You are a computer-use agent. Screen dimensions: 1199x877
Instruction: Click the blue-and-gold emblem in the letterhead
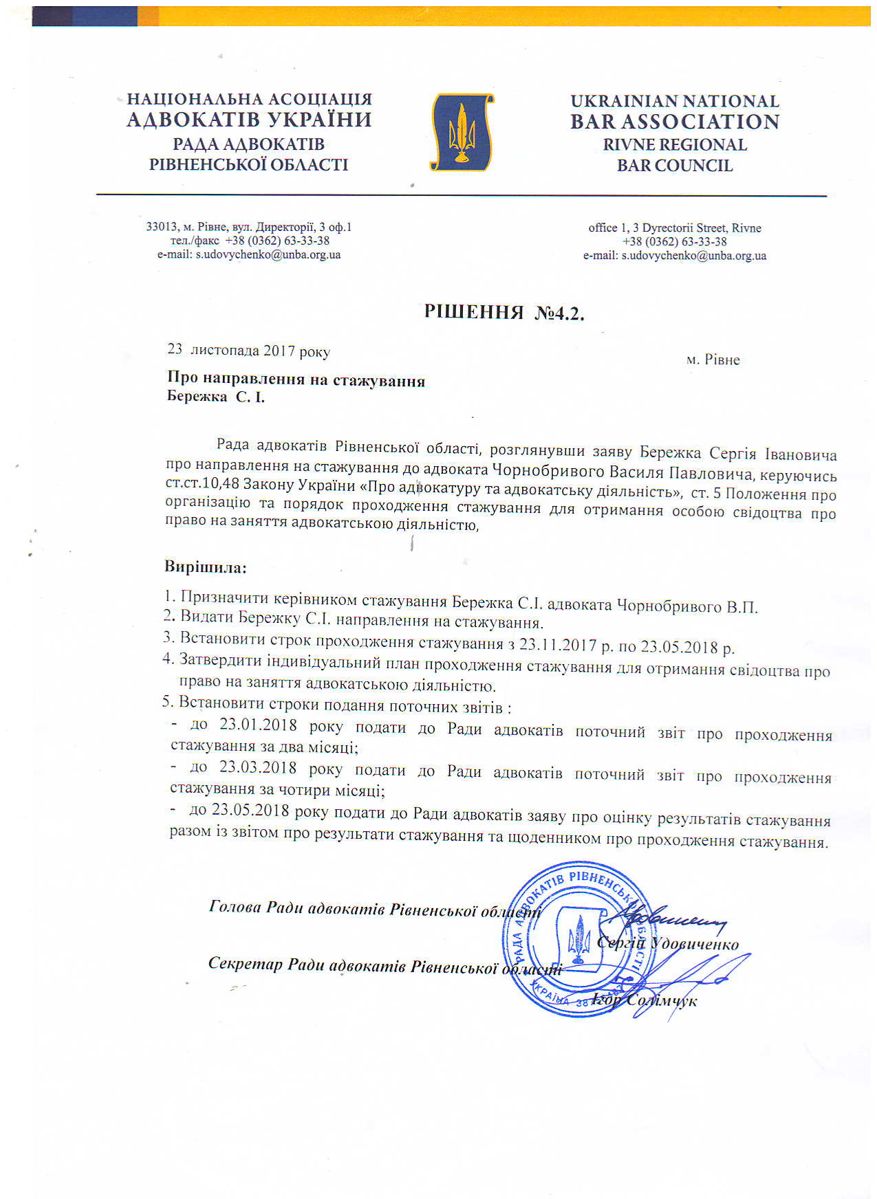[x=462, y=132]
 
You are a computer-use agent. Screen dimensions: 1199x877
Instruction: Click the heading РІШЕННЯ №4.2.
[x=504, y=313]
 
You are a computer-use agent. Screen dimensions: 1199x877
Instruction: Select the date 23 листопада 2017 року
[x=248, y=351]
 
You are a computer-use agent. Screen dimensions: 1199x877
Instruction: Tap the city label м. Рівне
[x=713, y=360]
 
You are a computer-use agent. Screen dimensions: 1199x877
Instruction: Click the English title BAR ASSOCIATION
[x=675, y=122]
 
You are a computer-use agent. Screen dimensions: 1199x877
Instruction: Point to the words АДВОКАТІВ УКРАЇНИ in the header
[x=249, y=120]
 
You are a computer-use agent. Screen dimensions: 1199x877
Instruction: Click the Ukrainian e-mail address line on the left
[x=249, y=254]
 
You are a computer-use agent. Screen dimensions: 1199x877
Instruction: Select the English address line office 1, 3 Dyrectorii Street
[x=674, y=228]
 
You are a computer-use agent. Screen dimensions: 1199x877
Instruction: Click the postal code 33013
[x=161, y=227]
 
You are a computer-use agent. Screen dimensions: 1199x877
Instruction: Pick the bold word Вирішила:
[x=205, y=568]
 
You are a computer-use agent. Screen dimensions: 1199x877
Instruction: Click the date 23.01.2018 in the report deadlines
[x=258, y=725]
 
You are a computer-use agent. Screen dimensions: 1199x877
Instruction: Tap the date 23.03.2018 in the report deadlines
[x=258, y=768]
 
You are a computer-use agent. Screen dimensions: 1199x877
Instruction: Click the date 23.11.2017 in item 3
[x=557, y=645]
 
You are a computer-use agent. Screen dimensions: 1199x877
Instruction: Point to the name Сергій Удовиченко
[x=668, y=943]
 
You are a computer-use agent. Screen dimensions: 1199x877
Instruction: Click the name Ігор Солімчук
[x=645, y=1000]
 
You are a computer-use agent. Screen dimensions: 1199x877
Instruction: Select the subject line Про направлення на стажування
[x=296, y=380]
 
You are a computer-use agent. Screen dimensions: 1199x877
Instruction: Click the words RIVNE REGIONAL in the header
[x=674, y=145]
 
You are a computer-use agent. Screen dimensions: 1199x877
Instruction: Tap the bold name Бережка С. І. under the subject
[x=215, y=397]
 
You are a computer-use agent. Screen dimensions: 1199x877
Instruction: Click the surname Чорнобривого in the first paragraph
[x=546, y=471]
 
